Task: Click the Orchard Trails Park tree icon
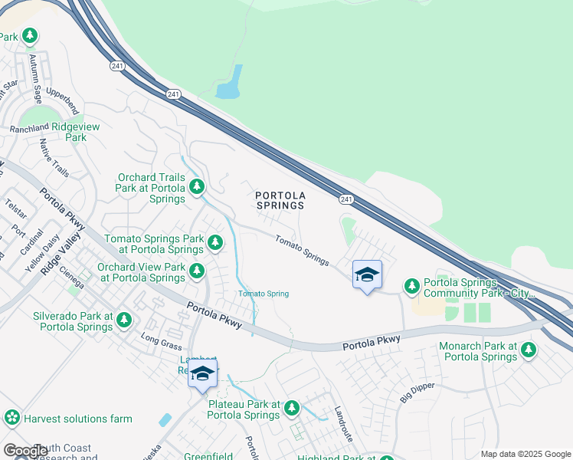click(197, 186)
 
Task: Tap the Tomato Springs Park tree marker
click(215, 243)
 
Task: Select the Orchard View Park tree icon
click(197, 271)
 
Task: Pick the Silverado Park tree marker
click(124, 320)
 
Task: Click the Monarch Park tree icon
click(528, 350)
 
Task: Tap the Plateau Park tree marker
click(291, 409)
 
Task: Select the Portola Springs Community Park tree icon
click(412, 286)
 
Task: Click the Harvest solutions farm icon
click(11, 418)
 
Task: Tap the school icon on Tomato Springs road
click(367, 274)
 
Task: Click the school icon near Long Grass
click(202, 374)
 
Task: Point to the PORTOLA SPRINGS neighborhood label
click(280, 200)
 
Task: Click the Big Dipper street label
click(416, 392)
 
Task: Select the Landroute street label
click(342, 422)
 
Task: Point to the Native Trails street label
click(54, 158)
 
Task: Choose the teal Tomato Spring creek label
click(263, 294)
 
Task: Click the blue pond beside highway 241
click(229, 84)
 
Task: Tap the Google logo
click(26, 451)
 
